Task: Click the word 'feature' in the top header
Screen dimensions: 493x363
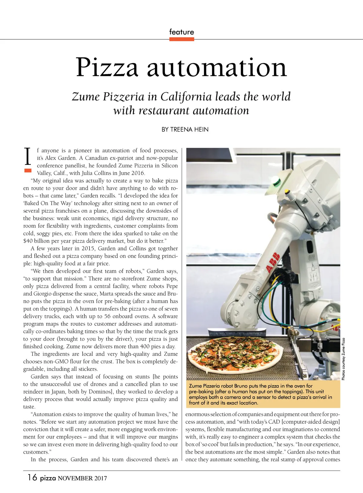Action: [x=181, y=32]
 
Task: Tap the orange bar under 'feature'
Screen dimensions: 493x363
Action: [x=181, y=39]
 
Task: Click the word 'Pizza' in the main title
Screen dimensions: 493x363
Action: [x=107, y=67]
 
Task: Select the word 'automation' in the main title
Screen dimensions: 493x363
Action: [x=217, y=67]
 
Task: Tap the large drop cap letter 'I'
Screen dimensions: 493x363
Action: [x=28, y=156]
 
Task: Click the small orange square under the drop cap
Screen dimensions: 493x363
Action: [x=28, y=171]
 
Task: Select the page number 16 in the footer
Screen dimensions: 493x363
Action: [x=32, y=478]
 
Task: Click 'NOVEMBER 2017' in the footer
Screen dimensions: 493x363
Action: [x=82, y=478]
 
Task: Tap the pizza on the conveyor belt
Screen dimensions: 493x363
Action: [x=235, y=353]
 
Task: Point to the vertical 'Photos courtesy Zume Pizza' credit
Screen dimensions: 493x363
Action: [x=343, y=359]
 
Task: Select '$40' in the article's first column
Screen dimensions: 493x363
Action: [x=28, y=241]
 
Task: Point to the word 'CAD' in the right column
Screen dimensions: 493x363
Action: [x=274, y=422]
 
